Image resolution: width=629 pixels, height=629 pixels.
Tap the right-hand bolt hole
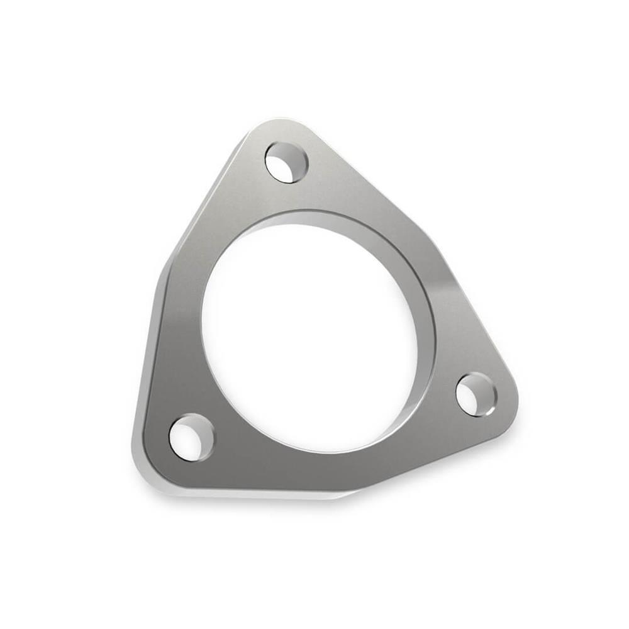pyautogui.click(x=476, y=394)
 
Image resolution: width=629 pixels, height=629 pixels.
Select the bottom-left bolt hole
pyautogui.click(x=191, y=437)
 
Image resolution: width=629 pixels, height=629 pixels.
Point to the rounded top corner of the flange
pyautogui.click(x=277, y=126)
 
